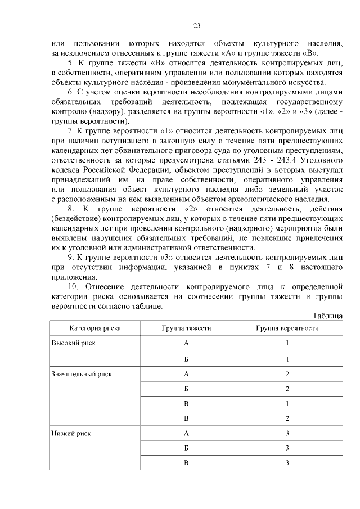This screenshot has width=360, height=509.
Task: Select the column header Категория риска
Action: tap(94, 327)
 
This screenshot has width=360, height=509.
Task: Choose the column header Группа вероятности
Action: tap(287, 327)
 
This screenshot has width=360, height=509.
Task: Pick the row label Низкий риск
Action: tap(71, 433)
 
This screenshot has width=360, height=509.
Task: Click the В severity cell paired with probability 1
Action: tap(186, 403)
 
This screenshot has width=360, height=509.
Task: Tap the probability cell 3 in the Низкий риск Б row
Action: tap(287, 448)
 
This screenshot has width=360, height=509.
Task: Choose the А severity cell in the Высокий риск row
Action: tap(186, 343)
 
